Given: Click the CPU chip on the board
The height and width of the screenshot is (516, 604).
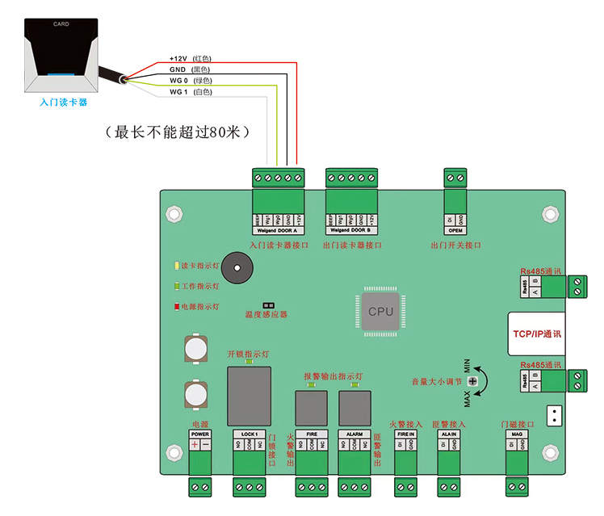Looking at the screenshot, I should [x=380, y=311].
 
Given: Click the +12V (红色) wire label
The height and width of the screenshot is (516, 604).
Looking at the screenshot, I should [x=190, y=59].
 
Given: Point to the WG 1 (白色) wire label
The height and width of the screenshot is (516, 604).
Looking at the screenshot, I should [x=190, y=92].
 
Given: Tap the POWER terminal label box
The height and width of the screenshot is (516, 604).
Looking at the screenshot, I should [x=200, y=434].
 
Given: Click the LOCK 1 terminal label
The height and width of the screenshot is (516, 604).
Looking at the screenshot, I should [x=249, y=434].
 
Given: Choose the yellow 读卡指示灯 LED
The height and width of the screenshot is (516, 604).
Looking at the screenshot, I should [x=177, y=266].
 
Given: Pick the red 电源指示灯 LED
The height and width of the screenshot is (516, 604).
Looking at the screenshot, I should [x=177, y=307].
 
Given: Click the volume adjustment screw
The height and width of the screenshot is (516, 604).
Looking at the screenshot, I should [x=472, y=380].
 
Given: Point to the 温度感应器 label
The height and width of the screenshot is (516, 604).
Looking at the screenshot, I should [x=266, y=315].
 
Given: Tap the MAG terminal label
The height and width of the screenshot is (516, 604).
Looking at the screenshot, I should [x=517, y=434].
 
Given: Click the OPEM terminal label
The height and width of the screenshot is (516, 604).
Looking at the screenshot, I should [x=455, y=230].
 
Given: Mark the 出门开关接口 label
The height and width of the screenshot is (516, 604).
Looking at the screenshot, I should [x=455, y=245].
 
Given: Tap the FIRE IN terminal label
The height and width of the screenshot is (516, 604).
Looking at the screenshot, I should [x=405, y=434].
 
